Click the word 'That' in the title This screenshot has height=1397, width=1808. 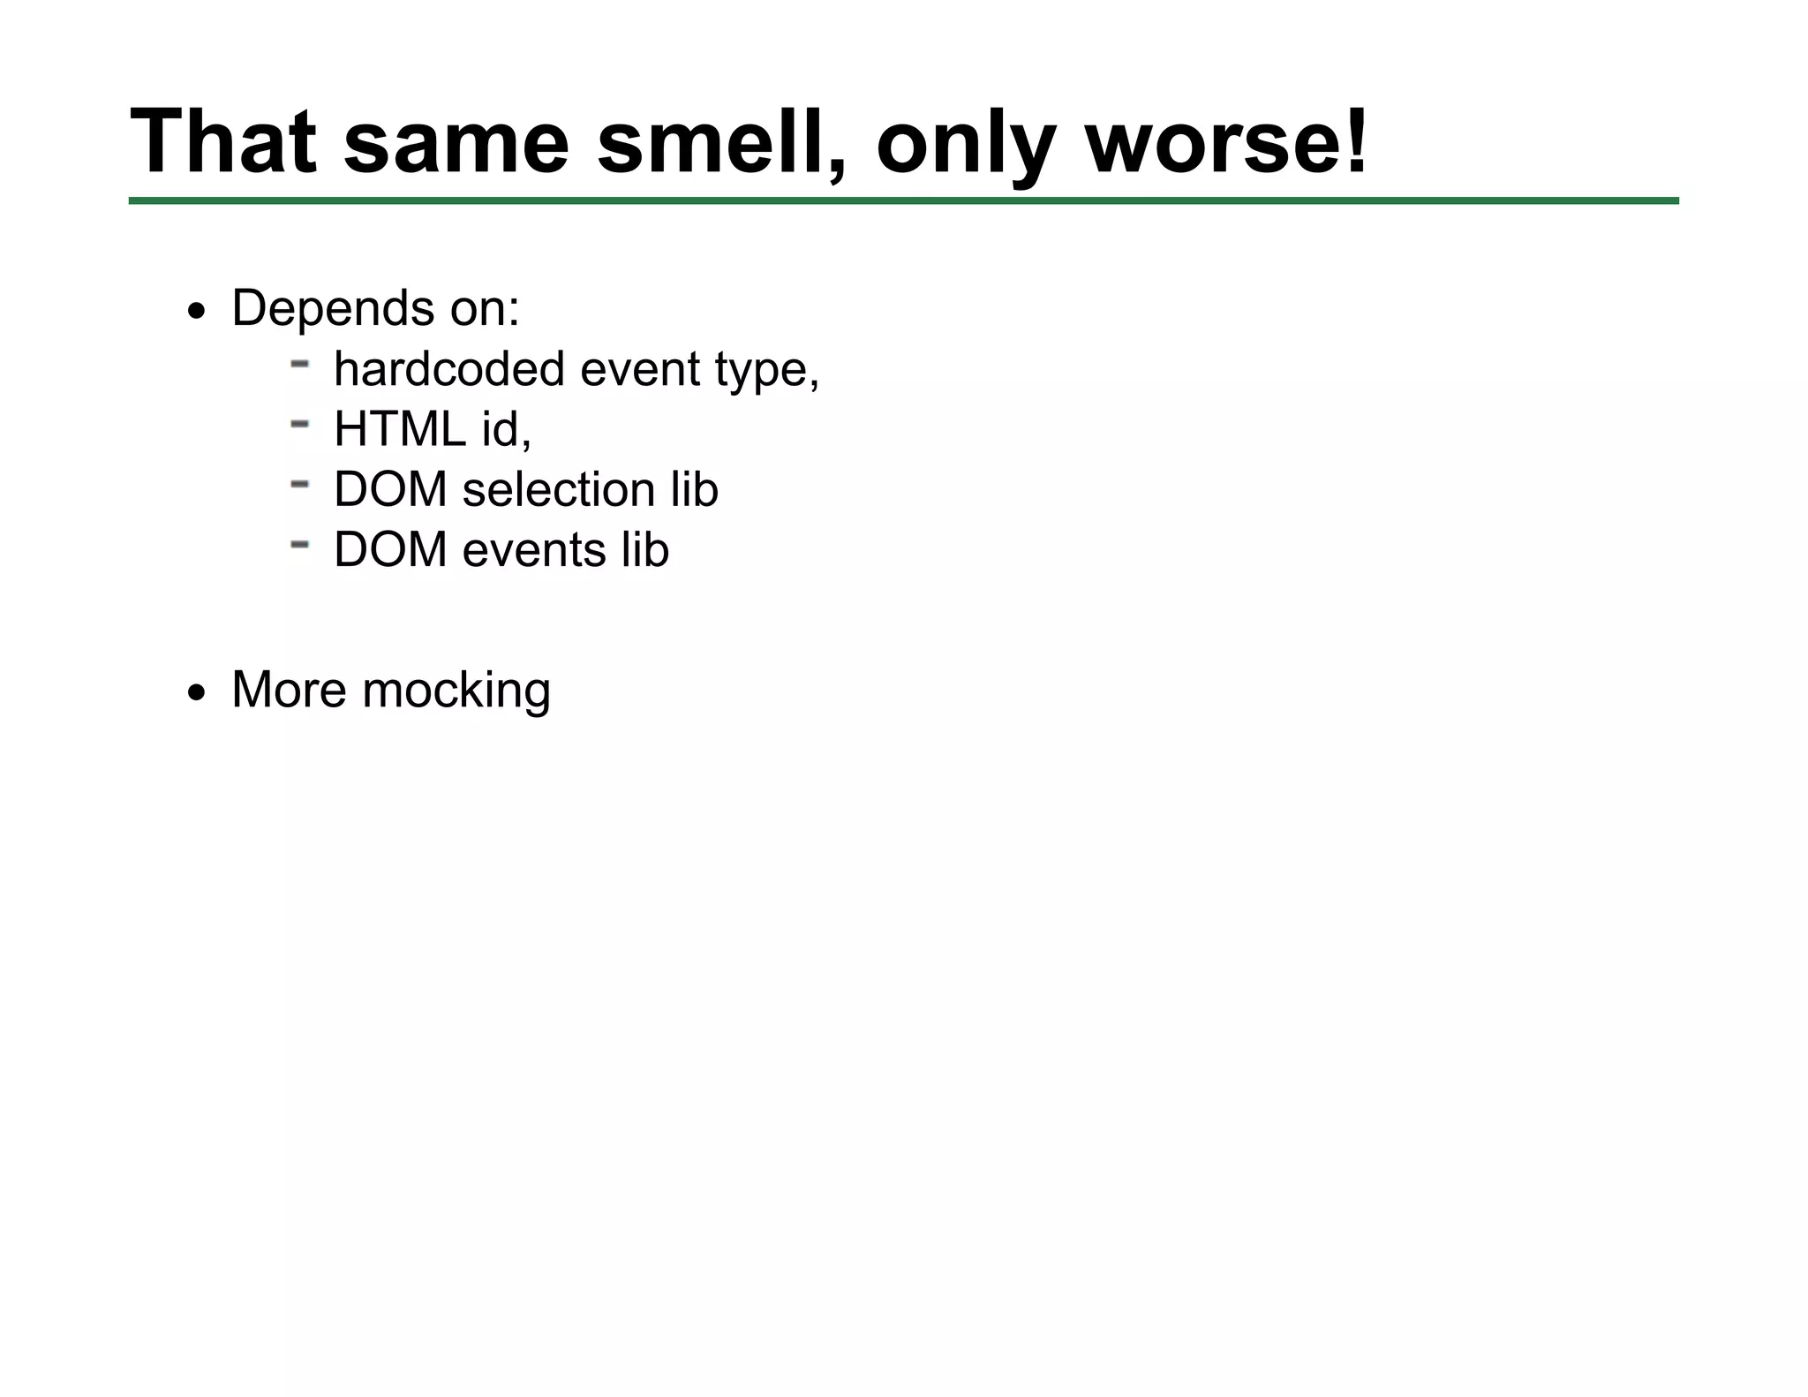(x=222, y=141)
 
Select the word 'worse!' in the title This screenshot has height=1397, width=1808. (x=1226, y=141)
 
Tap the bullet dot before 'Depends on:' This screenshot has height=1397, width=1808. (x=196, y=312)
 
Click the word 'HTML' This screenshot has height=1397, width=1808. (x=400, y=429)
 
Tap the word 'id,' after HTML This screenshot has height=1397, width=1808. (x=506, y=429)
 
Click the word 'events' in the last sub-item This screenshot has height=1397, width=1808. (x=533, y=549)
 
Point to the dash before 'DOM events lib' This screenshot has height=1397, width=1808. (x=299, y=545)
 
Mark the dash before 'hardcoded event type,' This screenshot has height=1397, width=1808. (x=299, y=363)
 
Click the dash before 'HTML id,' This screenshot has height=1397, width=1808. (x=299, y=424)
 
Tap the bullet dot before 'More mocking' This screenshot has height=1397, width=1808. (x=196, y=693)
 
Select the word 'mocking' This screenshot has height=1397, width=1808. (x=456, y=691)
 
